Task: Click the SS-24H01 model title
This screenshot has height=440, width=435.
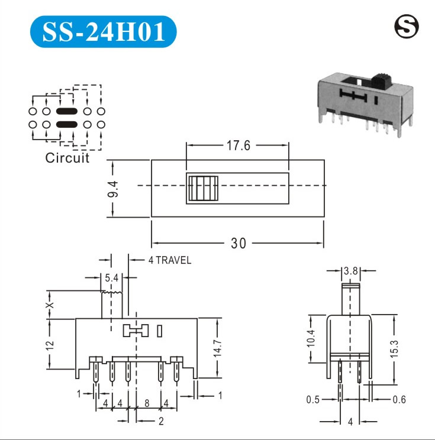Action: tap(104, 31)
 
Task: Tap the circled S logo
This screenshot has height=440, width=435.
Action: tap(407, 27)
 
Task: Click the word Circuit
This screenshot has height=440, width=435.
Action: tap(67, 158)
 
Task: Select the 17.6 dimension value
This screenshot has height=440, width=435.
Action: tap(238, 145)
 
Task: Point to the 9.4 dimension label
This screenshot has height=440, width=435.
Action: tap(113, 189)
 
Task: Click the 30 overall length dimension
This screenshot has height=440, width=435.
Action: tap(239, 243)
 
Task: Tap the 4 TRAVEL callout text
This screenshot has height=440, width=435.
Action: tap(170, 260)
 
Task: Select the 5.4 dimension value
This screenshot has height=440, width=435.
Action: tap(112, 278)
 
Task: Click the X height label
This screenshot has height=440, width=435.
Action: tap(50, 305)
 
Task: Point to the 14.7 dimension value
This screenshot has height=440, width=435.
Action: tap(218, 348)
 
